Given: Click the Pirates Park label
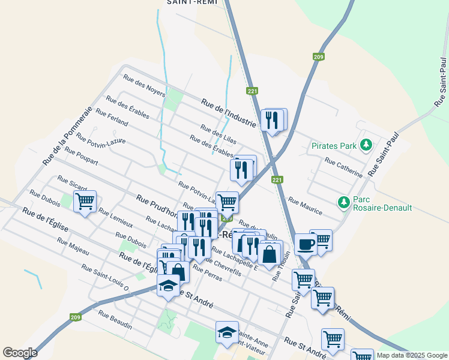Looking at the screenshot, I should tap(334, 145).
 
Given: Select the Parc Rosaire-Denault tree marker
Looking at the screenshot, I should tap(344, 202).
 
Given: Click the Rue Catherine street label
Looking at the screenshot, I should tap(343, 167).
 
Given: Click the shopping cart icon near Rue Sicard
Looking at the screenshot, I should tap(85, 201).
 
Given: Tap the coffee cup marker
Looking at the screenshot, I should tap(305, 244).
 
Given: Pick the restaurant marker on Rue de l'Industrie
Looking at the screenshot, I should tap(273, 120).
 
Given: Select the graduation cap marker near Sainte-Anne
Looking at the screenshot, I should tap(227, 333).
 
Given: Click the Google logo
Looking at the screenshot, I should tap(20, 353).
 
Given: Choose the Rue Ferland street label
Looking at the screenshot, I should tap(112, 118).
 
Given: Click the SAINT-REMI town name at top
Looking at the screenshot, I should tap(190, 2).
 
